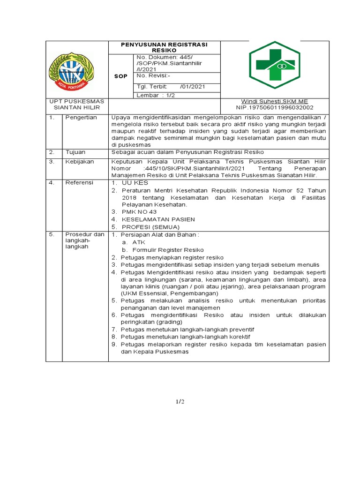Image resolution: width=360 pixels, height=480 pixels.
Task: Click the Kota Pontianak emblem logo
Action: click(71, 71)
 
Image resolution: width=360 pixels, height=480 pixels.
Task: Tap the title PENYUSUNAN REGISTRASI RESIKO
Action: click(164, 47)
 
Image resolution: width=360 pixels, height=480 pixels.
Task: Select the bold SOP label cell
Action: click(120, 76)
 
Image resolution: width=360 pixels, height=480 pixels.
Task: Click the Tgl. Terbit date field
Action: click(170, 87)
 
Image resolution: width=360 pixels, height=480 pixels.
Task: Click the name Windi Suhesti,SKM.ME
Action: click(274, 101)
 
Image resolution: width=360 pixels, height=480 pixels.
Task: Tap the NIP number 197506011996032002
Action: click(274, 107)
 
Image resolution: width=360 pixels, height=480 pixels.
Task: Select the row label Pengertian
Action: click(81, 117)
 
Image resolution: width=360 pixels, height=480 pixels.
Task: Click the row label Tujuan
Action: click(75, 152)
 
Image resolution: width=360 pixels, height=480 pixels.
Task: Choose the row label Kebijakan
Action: click(80, 161)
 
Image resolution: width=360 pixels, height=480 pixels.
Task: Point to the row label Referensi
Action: click(79, 182)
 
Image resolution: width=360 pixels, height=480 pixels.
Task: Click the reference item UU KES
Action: click(135, 182)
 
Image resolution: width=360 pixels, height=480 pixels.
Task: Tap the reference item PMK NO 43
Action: click(139, 212)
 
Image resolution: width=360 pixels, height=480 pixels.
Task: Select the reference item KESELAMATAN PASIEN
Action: click(158, 219)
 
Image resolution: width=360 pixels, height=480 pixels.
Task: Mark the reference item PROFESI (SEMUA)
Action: click(150, 227)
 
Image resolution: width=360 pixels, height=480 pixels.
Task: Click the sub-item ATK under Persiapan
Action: click(139, 242)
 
